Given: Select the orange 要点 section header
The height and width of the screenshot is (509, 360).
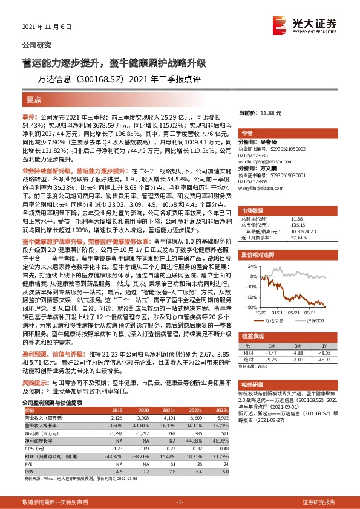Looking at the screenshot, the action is tap(34, 99).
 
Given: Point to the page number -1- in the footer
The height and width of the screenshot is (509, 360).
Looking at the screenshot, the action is tap(180, 502).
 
